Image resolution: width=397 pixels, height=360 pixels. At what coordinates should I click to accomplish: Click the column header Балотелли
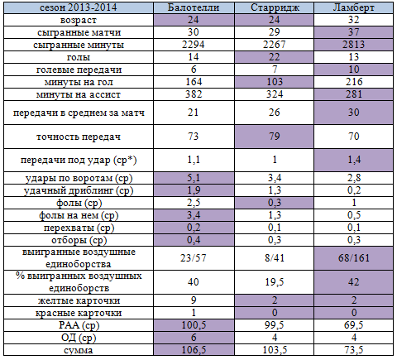click(194, 7)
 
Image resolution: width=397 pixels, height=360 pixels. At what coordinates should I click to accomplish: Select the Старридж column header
click(275, 7)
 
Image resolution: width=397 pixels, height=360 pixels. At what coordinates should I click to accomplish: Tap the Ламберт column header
click(354, 7)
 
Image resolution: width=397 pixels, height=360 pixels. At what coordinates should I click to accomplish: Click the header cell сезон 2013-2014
click(79, 7)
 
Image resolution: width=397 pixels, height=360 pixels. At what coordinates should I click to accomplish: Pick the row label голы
click(79, 57)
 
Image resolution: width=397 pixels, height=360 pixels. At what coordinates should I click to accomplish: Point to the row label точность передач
click(79, 137)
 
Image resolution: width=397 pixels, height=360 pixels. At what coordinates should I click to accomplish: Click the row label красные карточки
click(79, 313)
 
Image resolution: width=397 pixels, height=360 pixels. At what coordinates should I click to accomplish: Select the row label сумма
click(79, 350)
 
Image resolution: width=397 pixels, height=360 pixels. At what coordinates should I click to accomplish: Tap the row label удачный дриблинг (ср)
click(79, 190)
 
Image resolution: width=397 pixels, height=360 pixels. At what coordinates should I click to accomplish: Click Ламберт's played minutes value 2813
click(354, 45)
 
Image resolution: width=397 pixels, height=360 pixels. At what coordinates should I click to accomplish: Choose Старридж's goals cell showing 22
click(275, 57)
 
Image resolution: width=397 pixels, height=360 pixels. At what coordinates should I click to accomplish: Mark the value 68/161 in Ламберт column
click(354, 258)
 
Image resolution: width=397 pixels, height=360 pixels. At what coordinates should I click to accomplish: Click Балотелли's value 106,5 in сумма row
click(194, 350)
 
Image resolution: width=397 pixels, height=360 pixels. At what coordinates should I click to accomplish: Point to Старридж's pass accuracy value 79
click(275, 137)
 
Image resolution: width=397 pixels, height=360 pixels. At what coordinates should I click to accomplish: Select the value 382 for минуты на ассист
click(194, 94)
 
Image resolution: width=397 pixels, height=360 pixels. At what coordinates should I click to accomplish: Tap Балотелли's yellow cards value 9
click(194, 300)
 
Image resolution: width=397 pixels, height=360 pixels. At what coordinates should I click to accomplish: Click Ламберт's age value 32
click(354, 20)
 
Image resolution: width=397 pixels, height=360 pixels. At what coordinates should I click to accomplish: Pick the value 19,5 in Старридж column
click(275, 282)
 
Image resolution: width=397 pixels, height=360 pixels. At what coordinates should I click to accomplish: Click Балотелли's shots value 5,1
click(194, 178)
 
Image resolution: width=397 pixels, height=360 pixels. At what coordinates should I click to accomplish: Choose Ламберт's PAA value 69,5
click(354, 325)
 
